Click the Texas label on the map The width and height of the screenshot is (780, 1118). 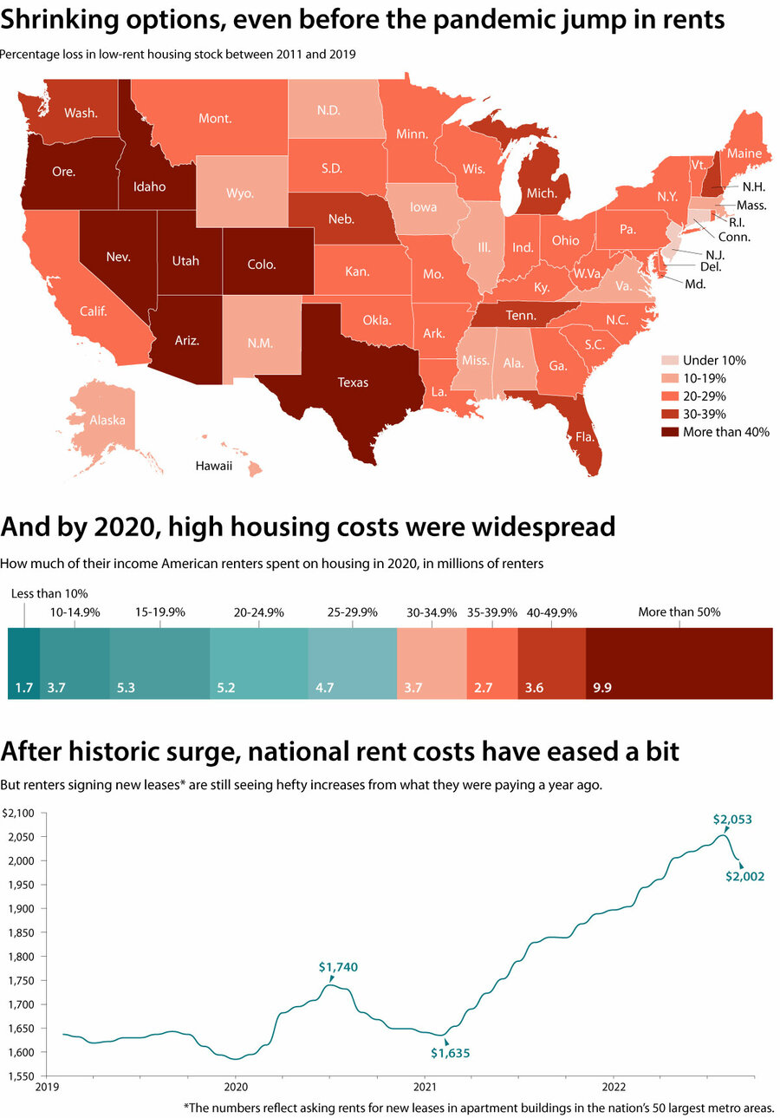point(353,382)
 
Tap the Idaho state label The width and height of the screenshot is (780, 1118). point(150,186)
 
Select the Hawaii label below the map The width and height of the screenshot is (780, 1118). point(213,466)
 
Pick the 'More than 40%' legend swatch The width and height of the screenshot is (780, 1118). point(669,432)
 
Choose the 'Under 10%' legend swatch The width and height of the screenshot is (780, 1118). point(669,360)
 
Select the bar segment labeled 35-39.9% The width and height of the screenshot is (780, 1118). point(491,664)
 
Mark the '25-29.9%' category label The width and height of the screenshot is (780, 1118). point(353,611)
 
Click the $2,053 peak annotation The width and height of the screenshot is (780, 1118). point(732,819)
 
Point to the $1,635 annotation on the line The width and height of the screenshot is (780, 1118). point(450,1054)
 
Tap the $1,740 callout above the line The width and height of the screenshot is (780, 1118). point(338,966)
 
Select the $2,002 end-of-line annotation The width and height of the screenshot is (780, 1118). point(744,877)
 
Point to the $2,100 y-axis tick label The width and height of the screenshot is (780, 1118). point(17,814)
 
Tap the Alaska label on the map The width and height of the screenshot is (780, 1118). point(108,421)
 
